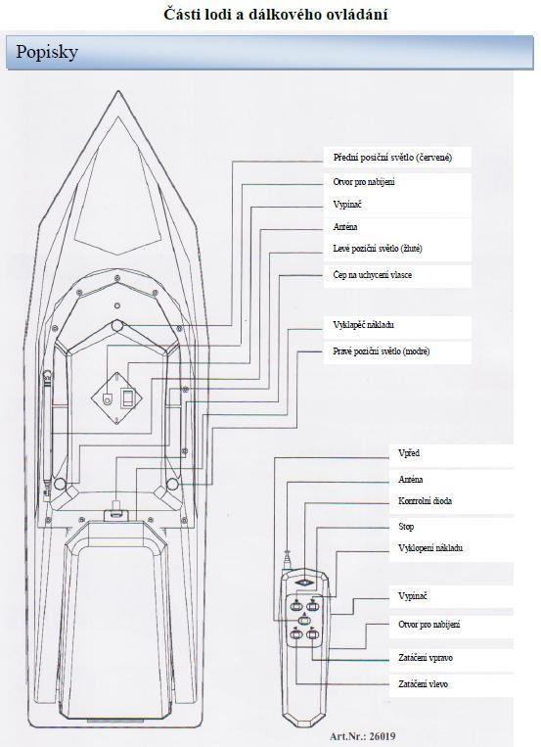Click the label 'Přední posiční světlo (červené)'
392,158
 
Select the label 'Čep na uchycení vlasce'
373,275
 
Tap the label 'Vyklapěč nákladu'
363,325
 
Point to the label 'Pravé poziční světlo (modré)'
381,351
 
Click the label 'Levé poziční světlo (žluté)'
378,249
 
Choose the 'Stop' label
406,527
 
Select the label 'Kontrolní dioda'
425,500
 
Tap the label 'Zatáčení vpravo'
426,658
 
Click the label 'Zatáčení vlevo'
423,684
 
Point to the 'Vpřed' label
409,453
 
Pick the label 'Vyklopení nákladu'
430,548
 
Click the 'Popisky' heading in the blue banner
47,52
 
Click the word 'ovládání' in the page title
357,14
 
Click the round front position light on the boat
117,326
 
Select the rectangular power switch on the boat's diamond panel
127,397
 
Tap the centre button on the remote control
304,621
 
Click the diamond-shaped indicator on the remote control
304,584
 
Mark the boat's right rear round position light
172,485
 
